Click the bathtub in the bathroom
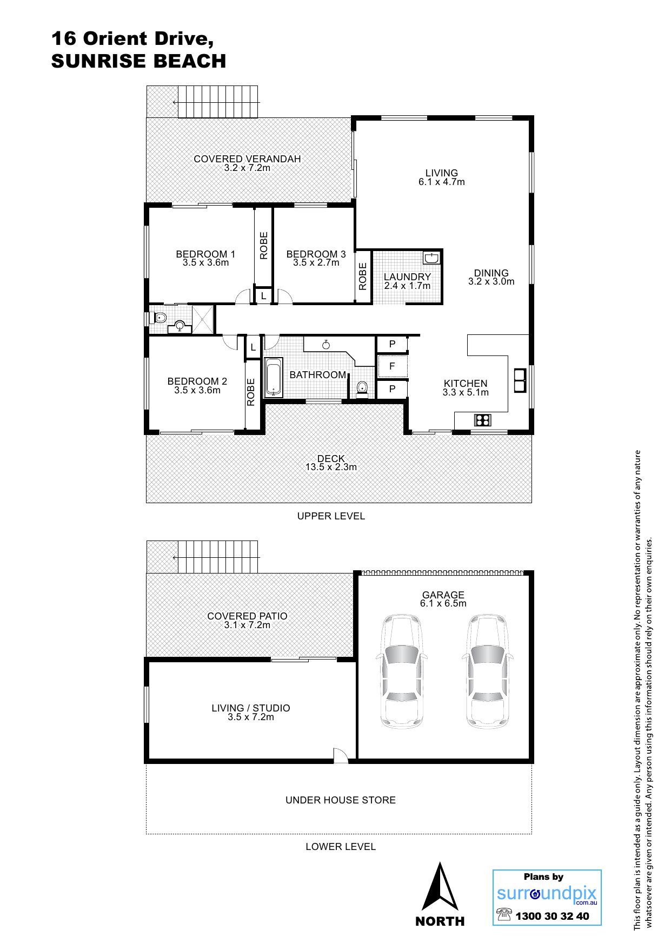click(274, 376)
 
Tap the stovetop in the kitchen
click(482, 419)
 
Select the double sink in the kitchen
click(520, 380)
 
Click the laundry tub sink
click(431, 258)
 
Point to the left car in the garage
click(401, 671)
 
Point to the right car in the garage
click(486, 671)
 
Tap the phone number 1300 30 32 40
click(552, 916)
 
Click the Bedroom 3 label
click(316, 254)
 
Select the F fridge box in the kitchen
click(392, 366)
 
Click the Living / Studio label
click(251, 708)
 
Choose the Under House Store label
click(341, 800)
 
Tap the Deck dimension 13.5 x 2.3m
click(331, 467)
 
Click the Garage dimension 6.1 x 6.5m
click(443, 603)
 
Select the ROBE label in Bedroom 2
click(251, 392)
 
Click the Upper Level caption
click(331, 516)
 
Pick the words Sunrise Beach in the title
click(138, 61)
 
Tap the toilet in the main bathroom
click(362, 388)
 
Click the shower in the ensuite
click(202, 318)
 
